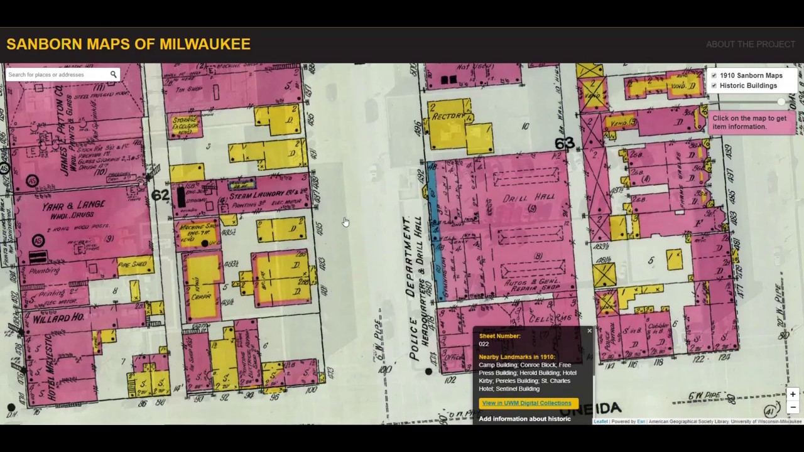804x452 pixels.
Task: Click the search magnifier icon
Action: [114, 75]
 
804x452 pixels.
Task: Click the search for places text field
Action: [57, 75]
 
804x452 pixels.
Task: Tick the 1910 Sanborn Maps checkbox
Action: [714, 76]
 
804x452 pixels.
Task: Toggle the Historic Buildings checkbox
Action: [714, 86]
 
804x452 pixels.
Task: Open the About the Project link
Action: [750, 44]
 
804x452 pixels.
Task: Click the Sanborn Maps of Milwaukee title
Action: [128, 44]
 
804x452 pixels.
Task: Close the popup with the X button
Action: [589, 331]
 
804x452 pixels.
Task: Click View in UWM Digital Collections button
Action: [526, 403]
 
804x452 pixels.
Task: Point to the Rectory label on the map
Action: [448, 117]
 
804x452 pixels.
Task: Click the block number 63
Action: [564, 144]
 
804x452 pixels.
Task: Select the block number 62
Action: [160, 195]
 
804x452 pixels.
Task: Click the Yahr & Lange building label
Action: [73, 207]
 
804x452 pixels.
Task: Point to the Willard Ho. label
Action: [58, 318]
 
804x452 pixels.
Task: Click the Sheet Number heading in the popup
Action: [499, 336]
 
